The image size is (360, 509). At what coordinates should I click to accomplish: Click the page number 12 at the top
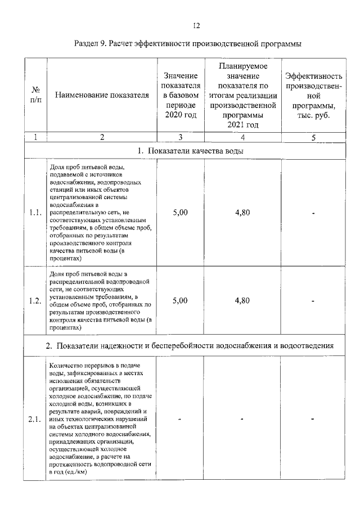[x=196, y=25]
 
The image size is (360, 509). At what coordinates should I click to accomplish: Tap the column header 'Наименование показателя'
[x=102, y=96]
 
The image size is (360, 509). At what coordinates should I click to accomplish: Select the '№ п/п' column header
[x=35, y=95]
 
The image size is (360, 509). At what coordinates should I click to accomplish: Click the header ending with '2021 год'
[x=242, y=95]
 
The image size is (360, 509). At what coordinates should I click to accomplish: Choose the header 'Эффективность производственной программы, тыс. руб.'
[x=313, y=95]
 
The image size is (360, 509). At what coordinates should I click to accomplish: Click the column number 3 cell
[x=180, y=137]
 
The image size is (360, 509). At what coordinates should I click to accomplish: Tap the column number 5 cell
[x=313, y=137]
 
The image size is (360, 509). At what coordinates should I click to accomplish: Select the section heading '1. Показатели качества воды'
[x=191, y=150]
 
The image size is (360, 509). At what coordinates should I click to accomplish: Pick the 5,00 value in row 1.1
[x=180, y=213]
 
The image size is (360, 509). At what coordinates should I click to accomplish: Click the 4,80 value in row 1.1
[x=242, y=213]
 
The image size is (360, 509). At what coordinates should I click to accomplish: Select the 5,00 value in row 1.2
[x=180, y=300]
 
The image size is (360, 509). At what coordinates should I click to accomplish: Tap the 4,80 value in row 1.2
[x=242, y=300]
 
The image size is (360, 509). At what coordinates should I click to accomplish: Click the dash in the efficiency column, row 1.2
[x=313, y=301]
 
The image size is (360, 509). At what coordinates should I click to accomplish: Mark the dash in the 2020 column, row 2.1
[x=180, y=420]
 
